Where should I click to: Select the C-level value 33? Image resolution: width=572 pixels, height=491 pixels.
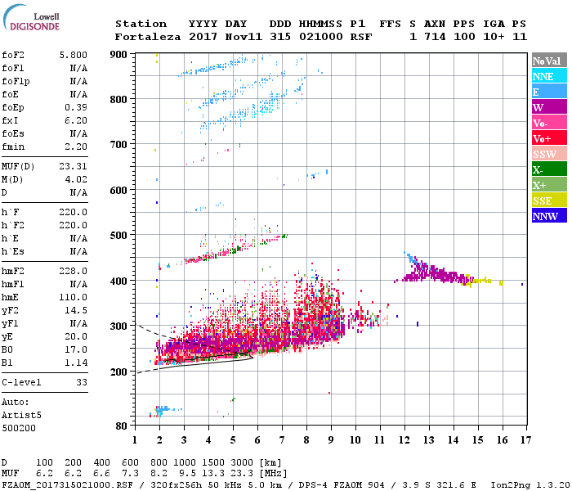82,382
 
